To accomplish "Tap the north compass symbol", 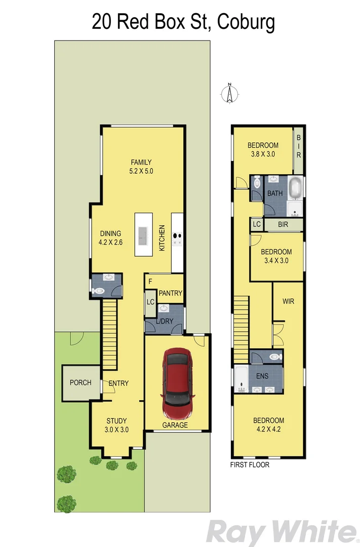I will click(x=229, y=94).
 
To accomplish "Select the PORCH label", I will click(x=81, y=382).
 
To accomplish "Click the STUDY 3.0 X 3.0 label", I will click(x=116, y=425).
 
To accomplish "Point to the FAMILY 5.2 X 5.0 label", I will click(x=141, y=167).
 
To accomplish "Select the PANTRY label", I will click(x=170, y=293).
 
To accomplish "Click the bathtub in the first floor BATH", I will click(x=295, y=188).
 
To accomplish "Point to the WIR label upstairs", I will click(x=288, y=301).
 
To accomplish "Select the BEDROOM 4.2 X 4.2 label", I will click(x=268, y=424).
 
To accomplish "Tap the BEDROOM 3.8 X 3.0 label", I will click(x=262, y=150).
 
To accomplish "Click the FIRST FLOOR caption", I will click(x=250, y=464).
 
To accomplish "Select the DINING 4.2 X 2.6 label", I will click(x=110, y=238).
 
